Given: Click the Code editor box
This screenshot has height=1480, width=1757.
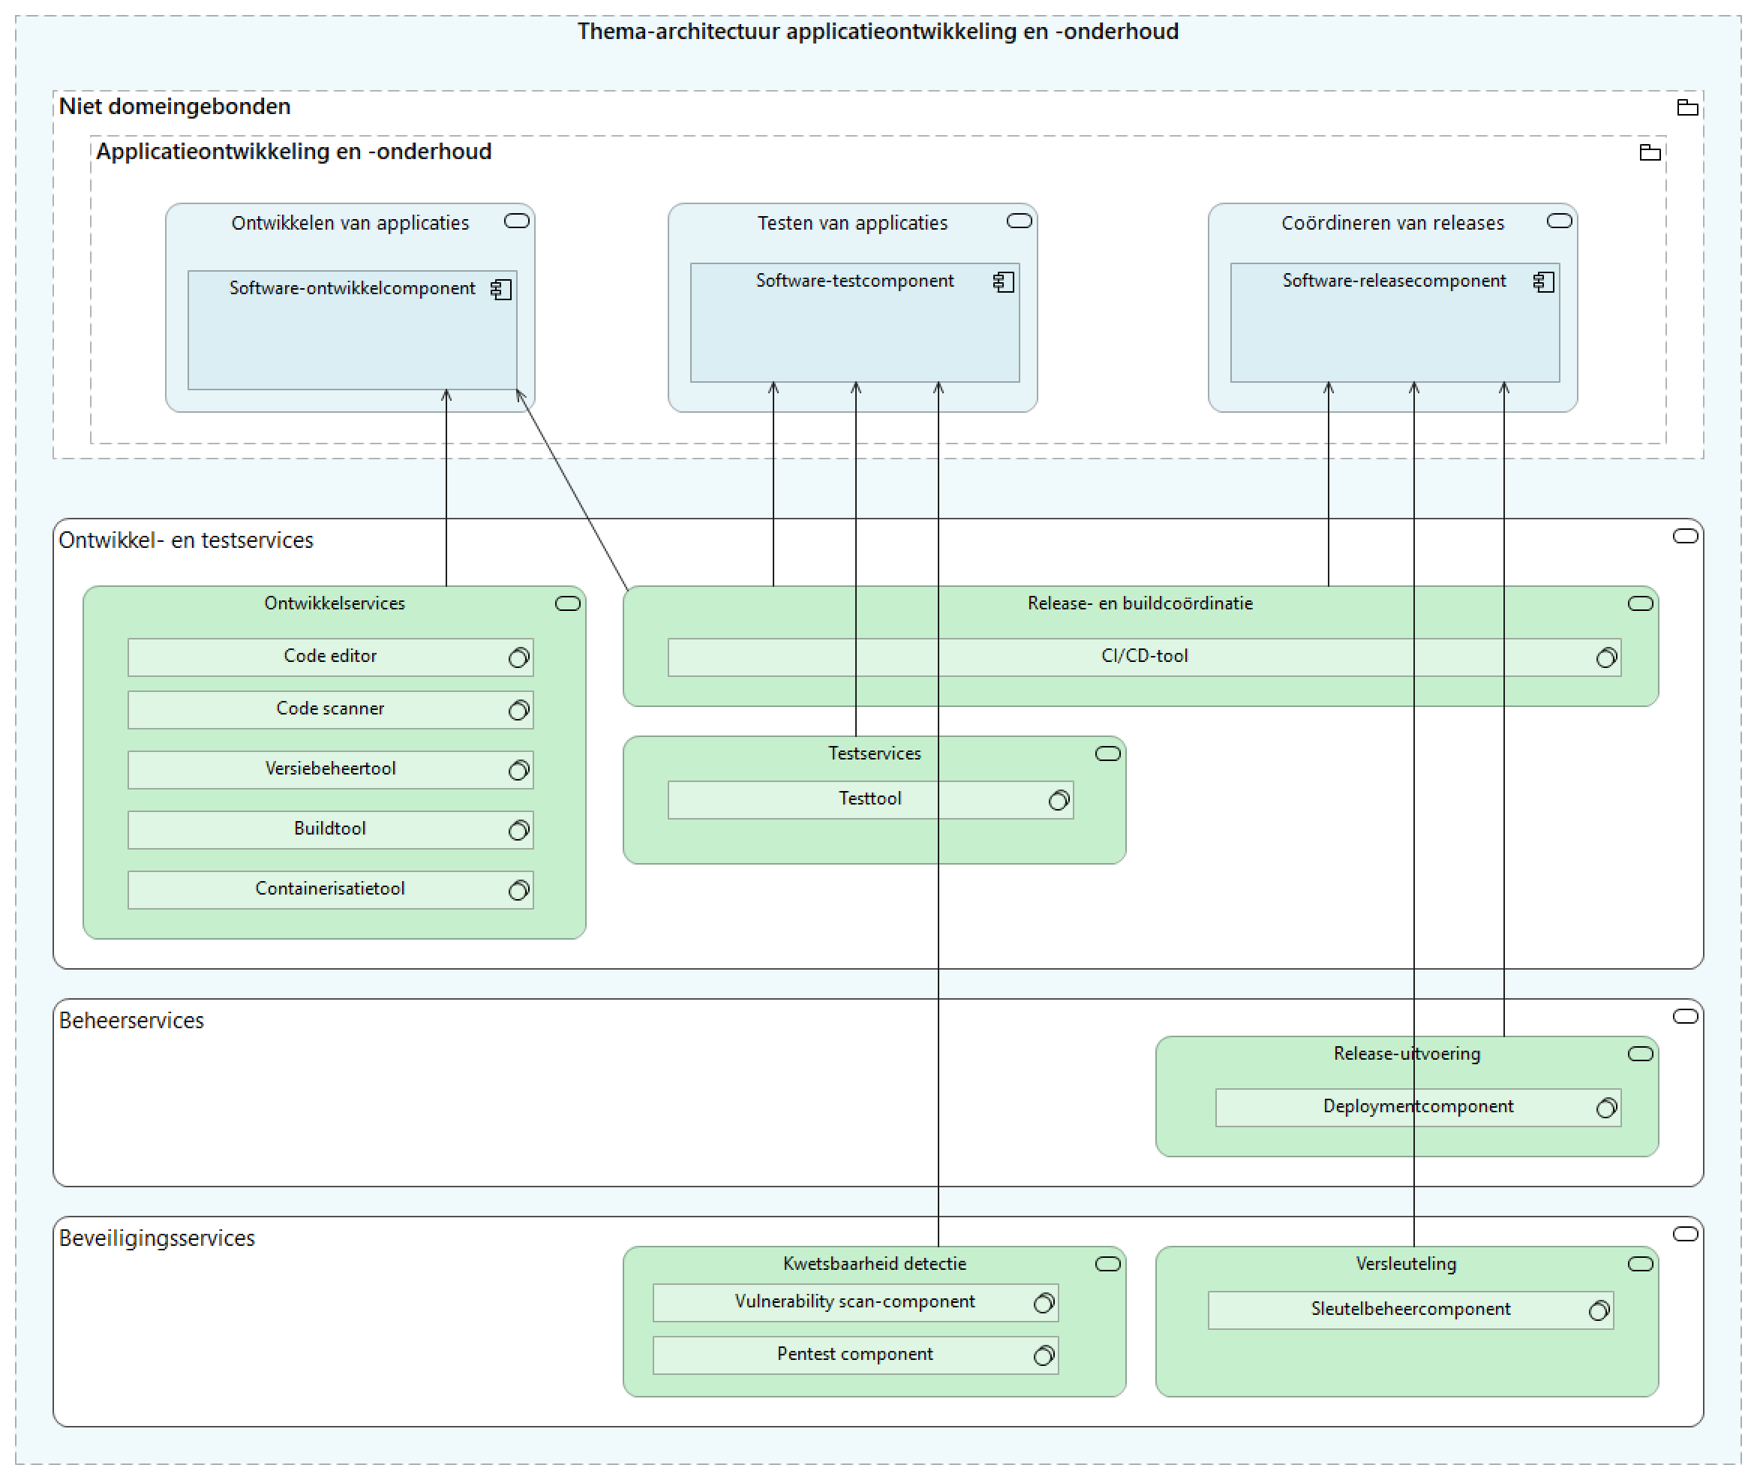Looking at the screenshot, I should click(x=329, y=657).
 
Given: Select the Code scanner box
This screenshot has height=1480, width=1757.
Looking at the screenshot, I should click(x=329, y=710).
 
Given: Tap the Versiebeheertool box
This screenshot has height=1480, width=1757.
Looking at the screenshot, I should click(x=329, y=769).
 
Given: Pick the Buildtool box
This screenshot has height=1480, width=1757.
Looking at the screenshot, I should click(x=329, y=830).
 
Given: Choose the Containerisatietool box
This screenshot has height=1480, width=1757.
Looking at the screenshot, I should click(x=329, y=889).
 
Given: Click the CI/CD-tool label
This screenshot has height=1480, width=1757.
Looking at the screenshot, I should click(x=1144, y=656).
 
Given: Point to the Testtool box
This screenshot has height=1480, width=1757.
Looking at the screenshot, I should click(x=869, y=799).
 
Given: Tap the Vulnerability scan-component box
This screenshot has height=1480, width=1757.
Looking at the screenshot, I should click(x=854, y=1302).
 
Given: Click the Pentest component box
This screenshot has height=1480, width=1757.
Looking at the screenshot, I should click(x=854, y=1355).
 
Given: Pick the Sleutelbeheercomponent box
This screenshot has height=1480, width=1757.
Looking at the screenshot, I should click(x=1410, y=1310).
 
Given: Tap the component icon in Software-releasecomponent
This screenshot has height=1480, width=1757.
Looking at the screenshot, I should click(x=1543, y=282).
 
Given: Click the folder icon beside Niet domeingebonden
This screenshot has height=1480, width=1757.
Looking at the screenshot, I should click(x=1686, y=107).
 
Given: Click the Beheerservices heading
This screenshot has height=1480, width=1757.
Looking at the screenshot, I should click(x=132, y=1021).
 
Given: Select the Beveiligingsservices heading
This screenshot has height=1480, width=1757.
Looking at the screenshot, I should click(x=157, y=1238).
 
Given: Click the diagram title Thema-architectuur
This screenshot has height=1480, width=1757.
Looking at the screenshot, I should click(x=877, y=32).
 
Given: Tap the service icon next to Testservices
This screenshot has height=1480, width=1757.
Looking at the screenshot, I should click(x=1107, y=754).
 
